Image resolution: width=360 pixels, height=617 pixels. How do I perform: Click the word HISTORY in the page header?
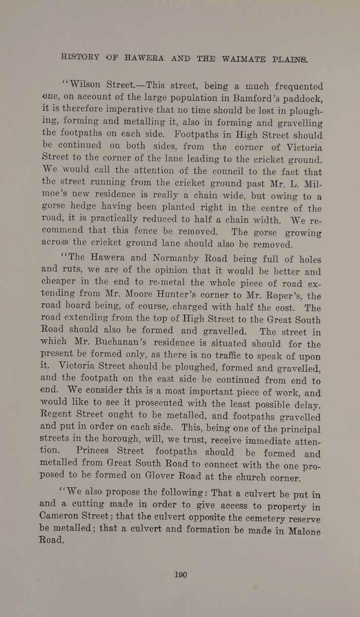click(80, 58)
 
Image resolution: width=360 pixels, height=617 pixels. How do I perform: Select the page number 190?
click(180, 574)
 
